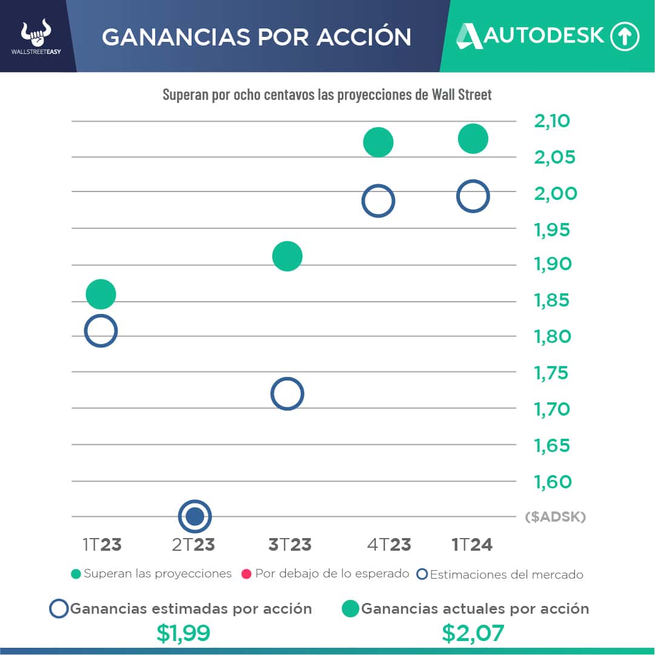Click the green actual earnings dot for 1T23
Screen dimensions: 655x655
[101, 294]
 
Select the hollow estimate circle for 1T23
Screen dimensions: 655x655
[101, 331]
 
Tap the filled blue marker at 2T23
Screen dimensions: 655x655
[195, 516]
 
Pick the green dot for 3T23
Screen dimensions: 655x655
[287, 256]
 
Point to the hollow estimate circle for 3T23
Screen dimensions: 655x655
[287, 394]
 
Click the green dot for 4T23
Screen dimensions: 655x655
[378, 143]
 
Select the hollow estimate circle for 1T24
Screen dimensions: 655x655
[473, 196]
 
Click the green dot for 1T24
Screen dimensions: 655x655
[473, 139]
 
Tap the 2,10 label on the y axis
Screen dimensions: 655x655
[552, 121]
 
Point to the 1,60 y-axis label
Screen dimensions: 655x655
[552, 482]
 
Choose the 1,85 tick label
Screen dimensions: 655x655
[552, 301]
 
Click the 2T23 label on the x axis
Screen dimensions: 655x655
[193, 545]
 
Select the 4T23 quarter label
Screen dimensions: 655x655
[389, 545]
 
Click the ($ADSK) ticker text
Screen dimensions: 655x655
[556, 517]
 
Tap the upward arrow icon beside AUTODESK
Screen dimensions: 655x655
[625, 36]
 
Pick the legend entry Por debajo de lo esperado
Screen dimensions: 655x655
[325, 574]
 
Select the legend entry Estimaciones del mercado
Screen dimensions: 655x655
[500, 574]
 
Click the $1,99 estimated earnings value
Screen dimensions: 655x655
[183, 633]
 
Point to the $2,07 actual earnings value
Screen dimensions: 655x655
[473, 633]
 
